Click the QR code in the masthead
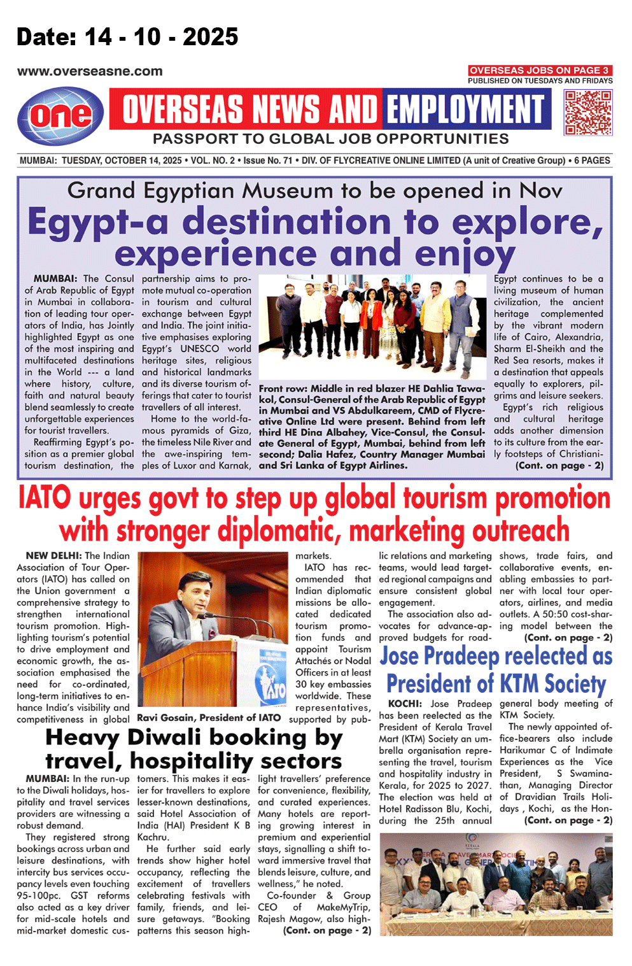pos(588,112)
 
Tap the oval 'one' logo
pos(60,115)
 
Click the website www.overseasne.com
pos(90,71)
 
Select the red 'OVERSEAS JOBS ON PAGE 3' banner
pos(540,70)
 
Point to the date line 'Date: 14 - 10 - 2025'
pos(127,37)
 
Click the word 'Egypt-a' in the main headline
pos(98,222)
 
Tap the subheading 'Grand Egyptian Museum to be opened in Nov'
pos(314,190)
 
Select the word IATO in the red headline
pos(45,498)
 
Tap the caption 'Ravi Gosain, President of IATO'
pos(209,718)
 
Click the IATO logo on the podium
pos(270,681)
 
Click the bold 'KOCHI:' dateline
pos(405,704)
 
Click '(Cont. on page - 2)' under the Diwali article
pos(327,930)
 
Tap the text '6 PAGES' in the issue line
pos(592,160)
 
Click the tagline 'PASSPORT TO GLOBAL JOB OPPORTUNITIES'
pos(330,139)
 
